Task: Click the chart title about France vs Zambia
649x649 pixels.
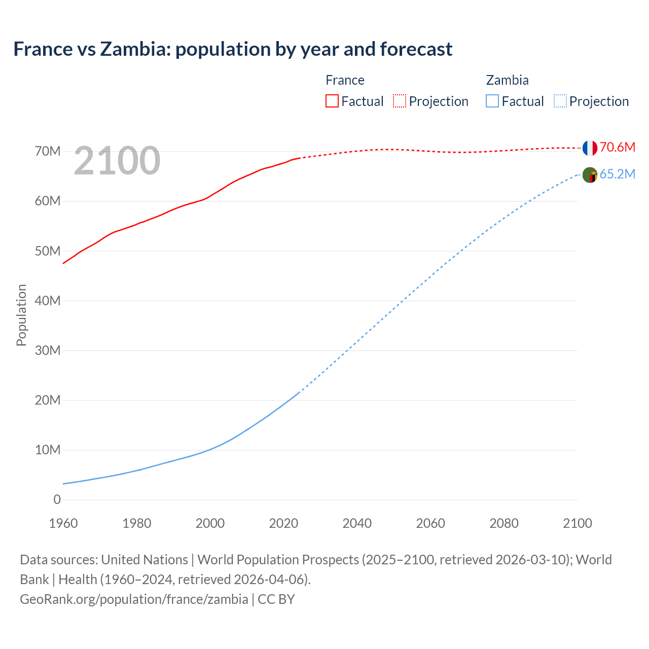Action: point(233,49)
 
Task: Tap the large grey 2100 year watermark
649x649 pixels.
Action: point(117,161)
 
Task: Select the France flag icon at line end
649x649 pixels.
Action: point(590,148)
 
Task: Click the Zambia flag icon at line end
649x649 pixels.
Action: point(590,175)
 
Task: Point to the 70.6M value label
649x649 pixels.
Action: point(617,148)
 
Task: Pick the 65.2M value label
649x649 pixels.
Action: point(617,174)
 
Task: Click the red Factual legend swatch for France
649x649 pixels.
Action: point(332,101)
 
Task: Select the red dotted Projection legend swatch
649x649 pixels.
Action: point(400,101)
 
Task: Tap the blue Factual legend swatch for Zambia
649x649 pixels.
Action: point(492,101)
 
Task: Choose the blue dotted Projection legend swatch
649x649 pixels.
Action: point(560,101)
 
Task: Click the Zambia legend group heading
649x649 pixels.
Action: point(507,80)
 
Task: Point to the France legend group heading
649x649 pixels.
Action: point(345,80)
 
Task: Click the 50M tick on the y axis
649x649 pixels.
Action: point(48,251)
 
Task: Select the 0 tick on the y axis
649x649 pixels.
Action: point(57,499)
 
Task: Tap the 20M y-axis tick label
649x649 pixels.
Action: point(48,400)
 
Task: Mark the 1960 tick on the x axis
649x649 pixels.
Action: point(63,523)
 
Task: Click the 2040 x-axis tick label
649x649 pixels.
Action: point(357,523)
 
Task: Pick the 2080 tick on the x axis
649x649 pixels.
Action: point(504,523)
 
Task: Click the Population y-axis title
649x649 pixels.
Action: point(21,315)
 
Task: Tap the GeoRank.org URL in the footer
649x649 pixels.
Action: point(134,599)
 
